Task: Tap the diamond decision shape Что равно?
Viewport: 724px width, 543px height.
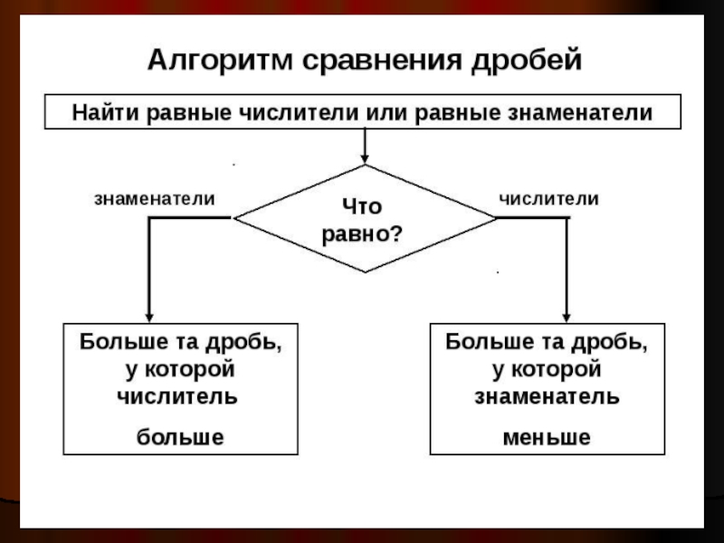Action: [365, 218]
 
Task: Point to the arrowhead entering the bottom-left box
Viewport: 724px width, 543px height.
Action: [148, 315]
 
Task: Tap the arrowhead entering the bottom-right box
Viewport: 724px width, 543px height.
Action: [567, 315]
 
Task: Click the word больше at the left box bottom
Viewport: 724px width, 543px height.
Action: [179, 437]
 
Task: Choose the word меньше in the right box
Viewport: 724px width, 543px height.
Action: [546, 437]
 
